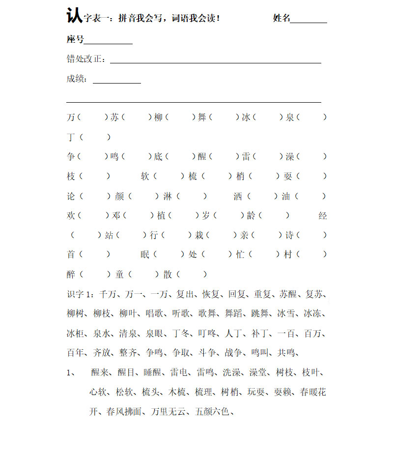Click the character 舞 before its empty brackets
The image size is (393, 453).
click(x=202, y=117)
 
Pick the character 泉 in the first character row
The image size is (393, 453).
click(x=290, y=117)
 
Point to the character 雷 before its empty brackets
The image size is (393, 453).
click(x=246, y=157)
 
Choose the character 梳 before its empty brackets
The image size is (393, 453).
click(x=193, y=176)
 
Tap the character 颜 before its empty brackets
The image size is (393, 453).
click(x=119, y=196)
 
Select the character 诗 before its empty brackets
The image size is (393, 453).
click(x=290, y=235)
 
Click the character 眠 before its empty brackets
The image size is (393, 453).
click(x=145, y=255)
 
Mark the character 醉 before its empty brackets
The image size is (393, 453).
click(x=71, y=274)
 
